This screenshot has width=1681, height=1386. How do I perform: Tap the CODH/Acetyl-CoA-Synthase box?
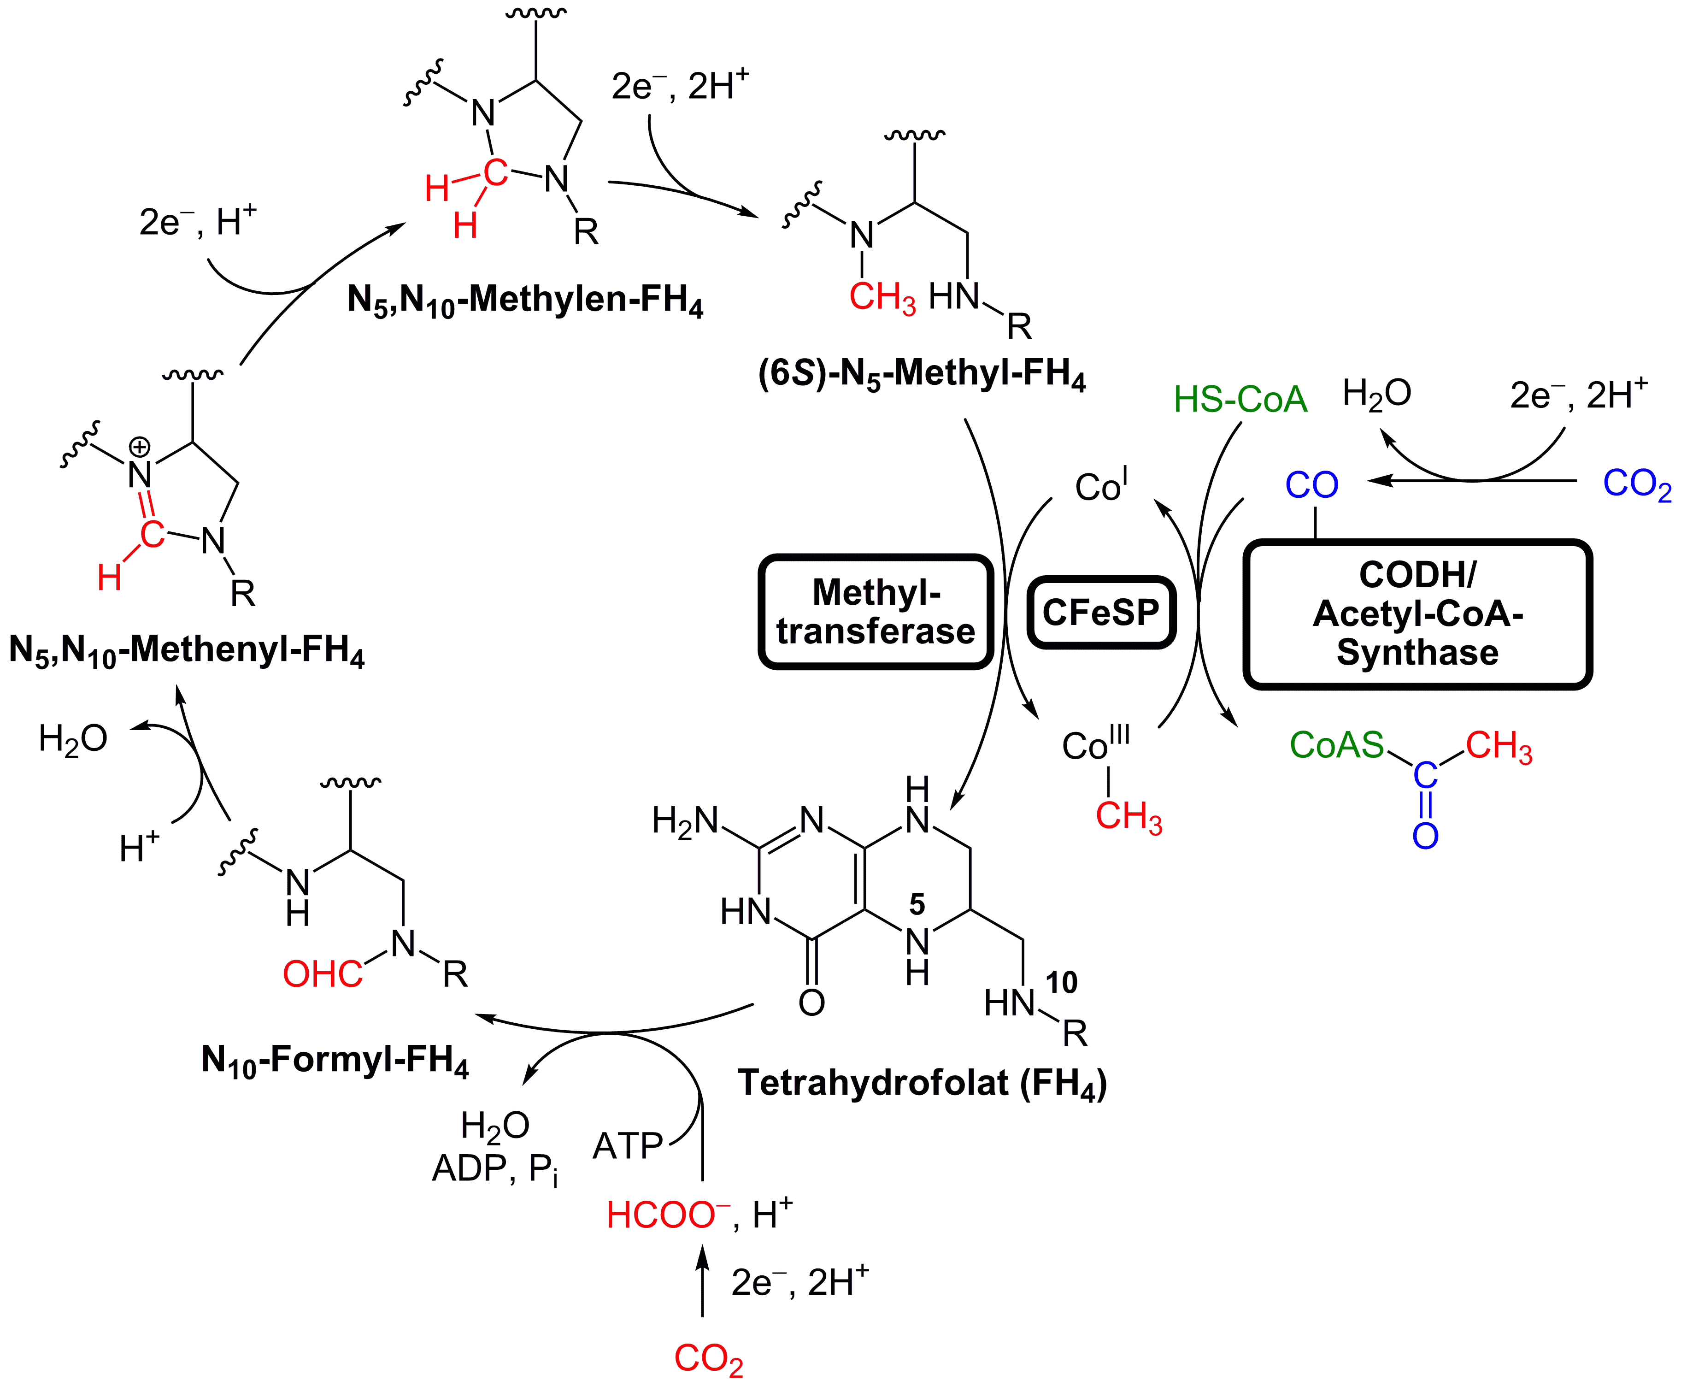pos(1417,614)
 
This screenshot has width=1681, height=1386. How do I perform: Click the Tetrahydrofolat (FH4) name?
pos(923,1084)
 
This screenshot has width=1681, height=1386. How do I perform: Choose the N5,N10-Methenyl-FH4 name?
pos(187,651)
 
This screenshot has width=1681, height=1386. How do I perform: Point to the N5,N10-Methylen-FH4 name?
pos(525,300)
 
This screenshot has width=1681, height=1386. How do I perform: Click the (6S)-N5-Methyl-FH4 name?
pos(922,374)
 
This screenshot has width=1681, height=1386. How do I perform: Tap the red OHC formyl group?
pos(323,974)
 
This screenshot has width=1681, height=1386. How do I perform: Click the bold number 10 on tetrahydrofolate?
pos(1061,982)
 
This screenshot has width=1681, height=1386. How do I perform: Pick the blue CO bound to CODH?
pos(1311,484)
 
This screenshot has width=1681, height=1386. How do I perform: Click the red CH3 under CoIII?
pos(1129,817)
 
